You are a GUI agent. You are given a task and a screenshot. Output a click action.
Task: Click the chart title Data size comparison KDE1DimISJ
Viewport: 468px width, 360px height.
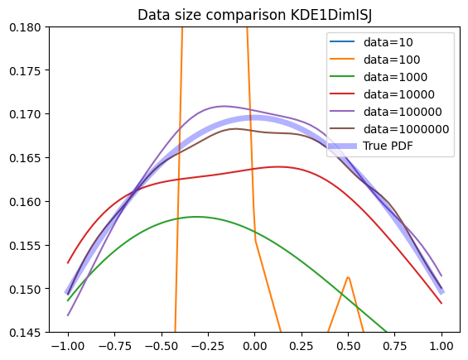point(254,15)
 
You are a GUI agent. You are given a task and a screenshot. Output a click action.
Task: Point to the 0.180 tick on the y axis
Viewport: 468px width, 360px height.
point(25,27)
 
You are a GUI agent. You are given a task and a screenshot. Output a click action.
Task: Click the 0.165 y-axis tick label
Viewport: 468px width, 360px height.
point(25,158)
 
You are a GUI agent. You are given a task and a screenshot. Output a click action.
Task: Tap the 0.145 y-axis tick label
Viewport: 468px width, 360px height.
point(25,332)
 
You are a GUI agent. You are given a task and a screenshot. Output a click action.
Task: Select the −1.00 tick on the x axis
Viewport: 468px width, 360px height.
point(68,346)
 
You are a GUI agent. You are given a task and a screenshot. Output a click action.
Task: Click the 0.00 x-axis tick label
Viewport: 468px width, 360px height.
point(254,346)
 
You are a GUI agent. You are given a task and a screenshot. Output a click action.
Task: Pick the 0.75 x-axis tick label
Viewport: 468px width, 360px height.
point(394,346)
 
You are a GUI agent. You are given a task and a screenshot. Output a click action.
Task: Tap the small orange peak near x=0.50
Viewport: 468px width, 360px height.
point(348,277)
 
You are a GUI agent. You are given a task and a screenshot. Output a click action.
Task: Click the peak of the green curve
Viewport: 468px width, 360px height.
point(196,217)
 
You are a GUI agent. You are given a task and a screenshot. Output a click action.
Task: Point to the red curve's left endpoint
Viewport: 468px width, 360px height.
point(68,263)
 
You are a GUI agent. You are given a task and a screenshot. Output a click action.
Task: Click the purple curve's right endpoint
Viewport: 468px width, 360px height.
point(441,276)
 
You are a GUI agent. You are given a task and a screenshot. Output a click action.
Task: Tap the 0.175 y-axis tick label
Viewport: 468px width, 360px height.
point(25,70)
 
